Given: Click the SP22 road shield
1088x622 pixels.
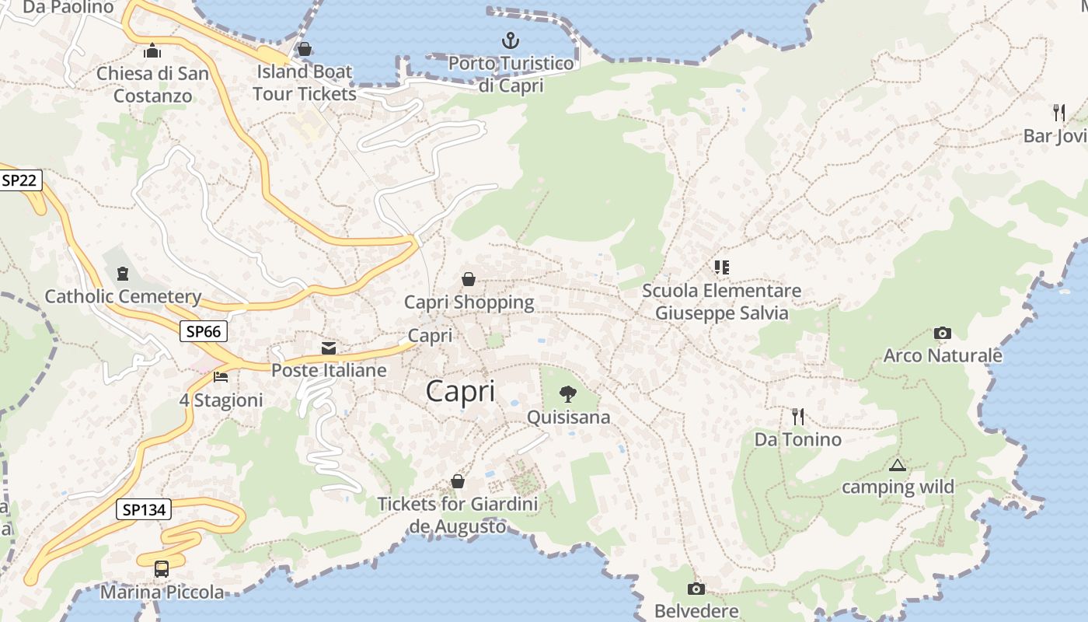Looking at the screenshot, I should [x=19, y=180].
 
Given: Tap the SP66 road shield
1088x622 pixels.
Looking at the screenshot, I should [x=204, y=331].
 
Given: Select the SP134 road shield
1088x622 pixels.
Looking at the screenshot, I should [x=144, y=510].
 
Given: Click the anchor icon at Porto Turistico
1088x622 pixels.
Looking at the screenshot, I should [x=511, y=40].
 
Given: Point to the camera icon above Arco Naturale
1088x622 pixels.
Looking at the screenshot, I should [x=942, y=334].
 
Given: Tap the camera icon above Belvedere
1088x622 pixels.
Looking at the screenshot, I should [x=696, y=589].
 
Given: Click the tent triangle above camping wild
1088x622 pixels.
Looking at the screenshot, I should [x=898, y=466].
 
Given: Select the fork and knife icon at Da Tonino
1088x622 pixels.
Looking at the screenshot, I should [x=797, y=417].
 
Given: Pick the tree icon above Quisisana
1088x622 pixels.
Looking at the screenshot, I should [x=568, y=394].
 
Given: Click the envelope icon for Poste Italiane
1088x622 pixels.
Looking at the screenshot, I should [x=329, y=348].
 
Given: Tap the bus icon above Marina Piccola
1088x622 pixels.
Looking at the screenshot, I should [x=162, y=568].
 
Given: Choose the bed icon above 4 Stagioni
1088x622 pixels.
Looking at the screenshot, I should [x=221, y=377].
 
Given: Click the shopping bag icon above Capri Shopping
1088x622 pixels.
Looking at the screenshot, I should [x=469, y=278].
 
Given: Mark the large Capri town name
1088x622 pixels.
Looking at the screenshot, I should [x=460, y=391].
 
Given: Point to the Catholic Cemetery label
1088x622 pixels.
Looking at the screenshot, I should [x=123, y=296].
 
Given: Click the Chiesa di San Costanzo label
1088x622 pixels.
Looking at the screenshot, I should [x=153, y=85].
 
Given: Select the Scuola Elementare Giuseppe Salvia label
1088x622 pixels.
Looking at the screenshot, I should [x=721, y=302].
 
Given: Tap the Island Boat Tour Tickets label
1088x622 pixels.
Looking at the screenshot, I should [x=304, y=82].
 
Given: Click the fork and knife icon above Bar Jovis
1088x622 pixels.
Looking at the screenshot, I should [x=1058, y=112].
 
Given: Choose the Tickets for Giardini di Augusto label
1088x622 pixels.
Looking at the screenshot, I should [x=457, y=515].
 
